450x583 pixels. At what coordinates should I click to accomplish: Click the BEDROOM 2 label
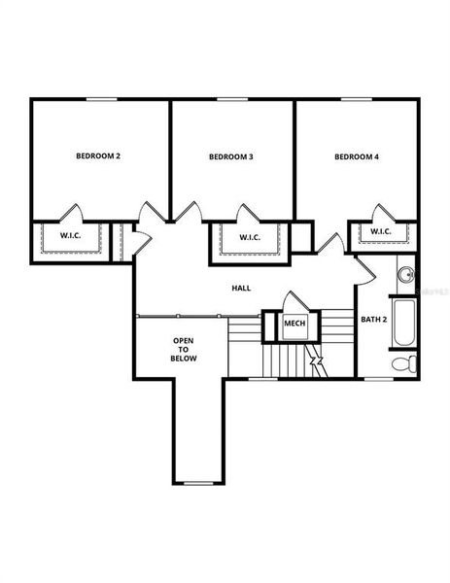[97, 155]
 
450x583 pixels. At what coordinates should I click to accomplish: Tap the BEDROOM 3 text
[231, 156]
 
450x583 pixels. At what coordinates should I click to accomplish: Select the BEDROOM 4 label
[356, 155]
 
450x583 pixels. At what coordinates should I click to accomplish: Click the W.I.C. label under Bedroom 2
[70, 235]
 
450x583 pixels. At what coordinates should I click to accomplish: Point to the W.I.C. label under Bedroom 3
[249, 237]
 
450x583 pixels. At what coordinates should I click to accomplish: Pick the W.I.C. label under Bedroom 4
[380, 231]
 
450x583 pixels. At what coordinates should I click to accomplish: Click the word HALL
[241, 289]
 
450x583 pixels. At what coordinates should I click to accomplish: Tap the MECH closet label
[294, 325]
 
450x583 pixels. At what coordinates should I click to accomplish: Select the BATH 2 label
[374, 319]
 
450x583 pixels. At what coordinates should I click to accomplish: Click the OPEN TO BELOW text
[184, 350]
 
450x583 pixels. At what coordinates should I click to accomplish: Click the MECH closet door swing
[294, 302]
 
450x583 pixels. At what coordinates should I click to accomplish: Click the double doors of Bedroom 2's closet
[70, 213]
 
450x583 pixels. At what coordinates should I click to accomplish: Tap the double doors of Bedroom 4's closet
[380, 213]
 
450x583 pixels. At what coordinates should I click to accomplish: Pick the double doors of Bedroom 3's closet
[249, 214]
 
